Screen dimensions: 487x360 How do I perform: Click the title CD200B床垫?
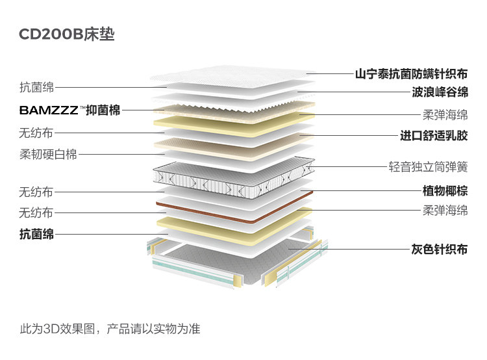66,34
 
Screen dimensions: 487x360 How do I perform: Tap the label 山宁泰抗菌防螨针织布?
411,74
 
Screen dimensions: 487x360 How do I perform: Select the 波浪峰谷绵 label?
440,92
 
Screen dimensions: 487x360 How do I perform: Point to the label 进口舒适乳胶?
434,136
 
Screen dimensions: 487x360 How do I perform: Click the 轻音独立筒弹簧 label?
428,167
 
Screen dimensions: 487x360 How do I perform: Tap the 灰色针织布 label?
439,249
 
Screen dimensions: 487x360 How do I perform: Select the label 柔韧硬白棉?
48,155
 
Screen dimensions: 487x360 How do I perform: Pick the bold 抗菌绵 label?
36,234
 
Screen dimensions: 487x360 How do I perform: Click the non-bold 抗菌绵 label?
36,87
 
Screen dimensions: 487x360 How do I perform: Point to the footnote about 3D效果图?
110,329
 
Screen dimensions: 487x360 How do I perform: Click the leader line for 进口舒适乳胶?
351,136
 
